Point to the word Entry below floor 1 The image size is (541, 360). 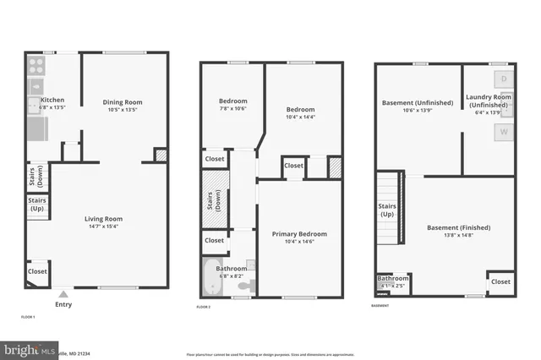(63, 304)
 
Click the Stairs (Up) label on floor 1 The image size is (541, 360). (37, 204)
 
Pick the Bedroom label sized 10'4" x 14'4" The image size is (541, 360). (299, 110)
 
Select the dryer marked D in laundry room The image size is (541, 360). (503, 79)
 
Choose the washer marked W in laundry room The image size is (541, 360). (503, 132)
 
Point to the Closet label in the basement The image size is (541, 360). (500, 281)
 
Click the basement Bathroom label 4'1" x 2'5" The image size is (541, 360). (393, 278)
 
